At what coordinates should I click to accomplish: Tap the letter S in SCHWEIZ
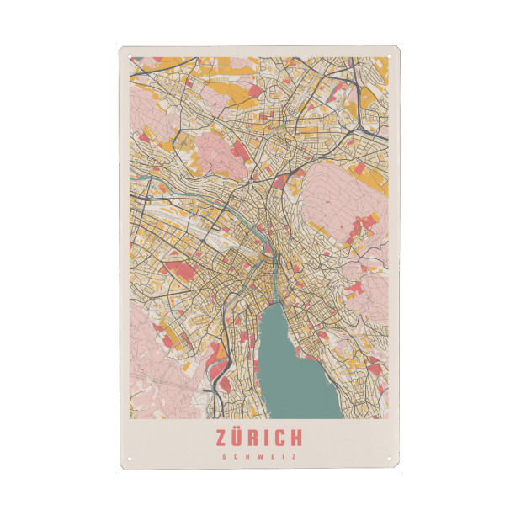[x=224, y=457]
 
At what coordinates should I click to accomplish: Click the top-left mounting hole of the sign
[x=130, y=57]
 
